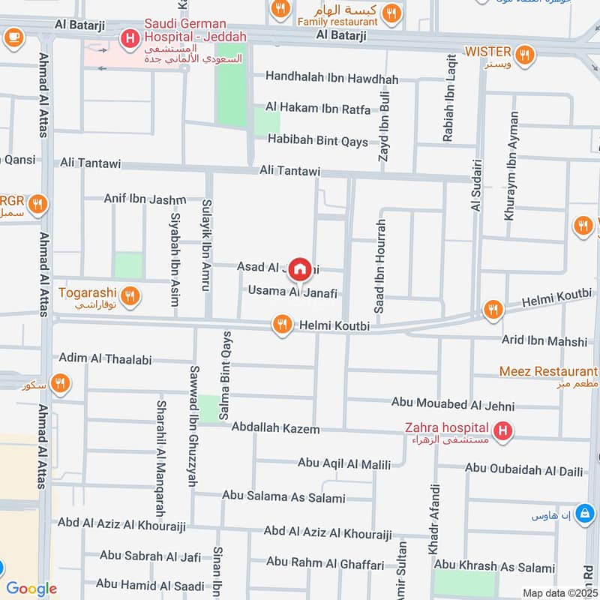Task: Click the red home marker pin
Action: pos(300,268)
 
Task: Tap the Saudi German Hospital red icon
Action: pos(130,37)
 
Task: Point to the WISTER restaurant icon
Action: pos(525,53)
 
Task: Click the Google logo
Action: pos(31,589)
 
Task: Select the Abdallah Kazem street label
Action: pos(275,429)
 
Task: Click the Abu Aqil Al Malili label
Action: pos(344,464)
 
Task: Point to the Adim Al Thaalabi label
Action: pos(105,359)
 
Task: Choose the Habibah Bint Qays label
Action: pos(318,142)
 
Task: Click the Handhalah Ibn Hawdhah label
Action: pos(331,79)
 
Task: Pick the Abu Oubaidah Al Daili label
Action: pos(523,469)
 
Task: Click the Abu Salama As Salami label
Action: pos(283,497)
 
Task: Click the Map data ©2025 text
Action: pos(559,592)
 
